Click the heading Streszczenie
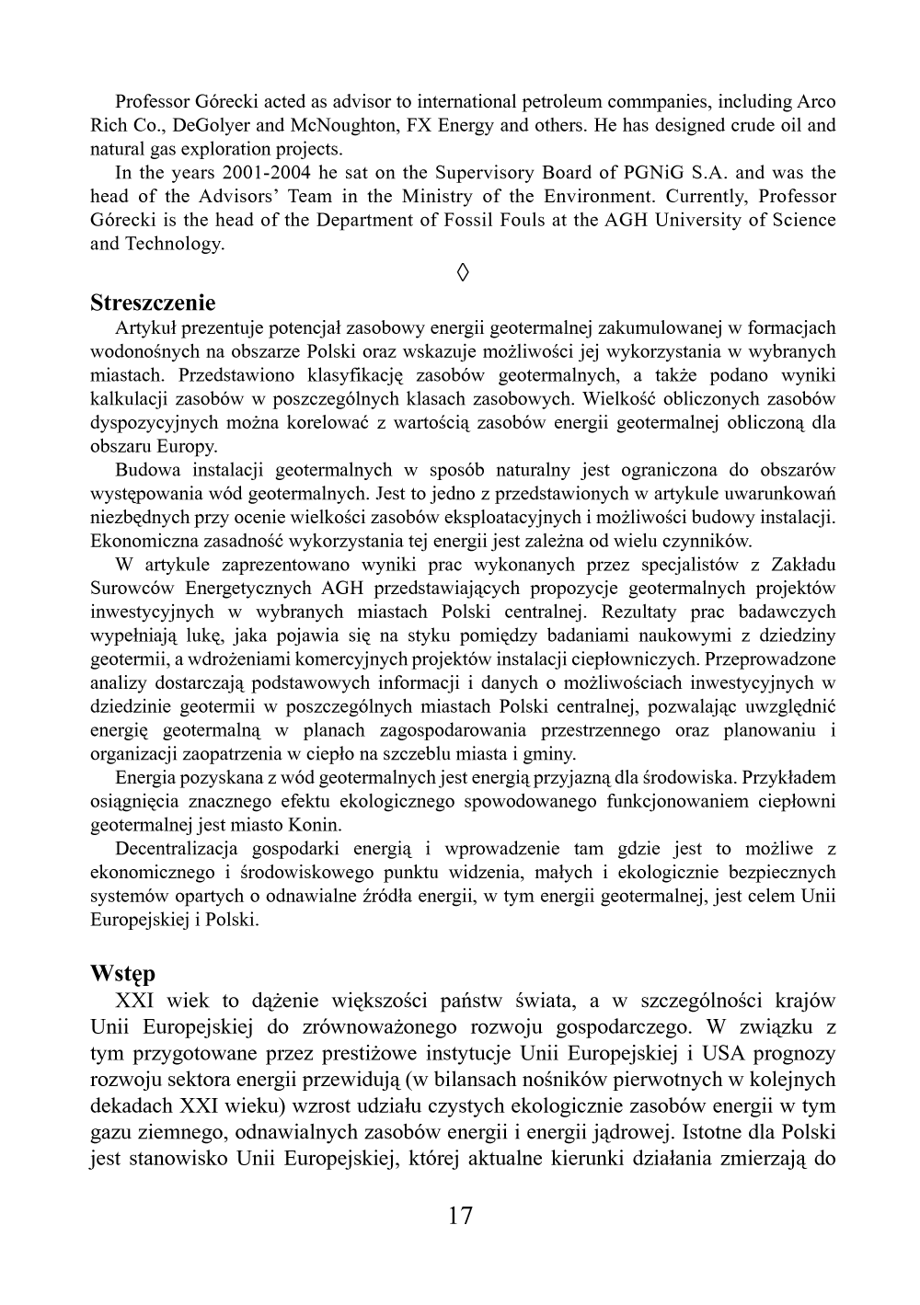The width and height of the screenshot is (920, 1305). tap(153, 303)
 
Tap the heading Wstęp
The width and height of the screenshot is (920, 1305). tap(122, 973)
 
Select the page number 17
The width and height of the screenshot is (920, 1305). tap(460, 1216)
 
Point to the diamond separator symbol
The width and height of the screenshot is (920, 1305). tap(463, 272)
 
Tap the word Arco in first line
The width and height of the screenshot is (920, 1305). tap(815, 101)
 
